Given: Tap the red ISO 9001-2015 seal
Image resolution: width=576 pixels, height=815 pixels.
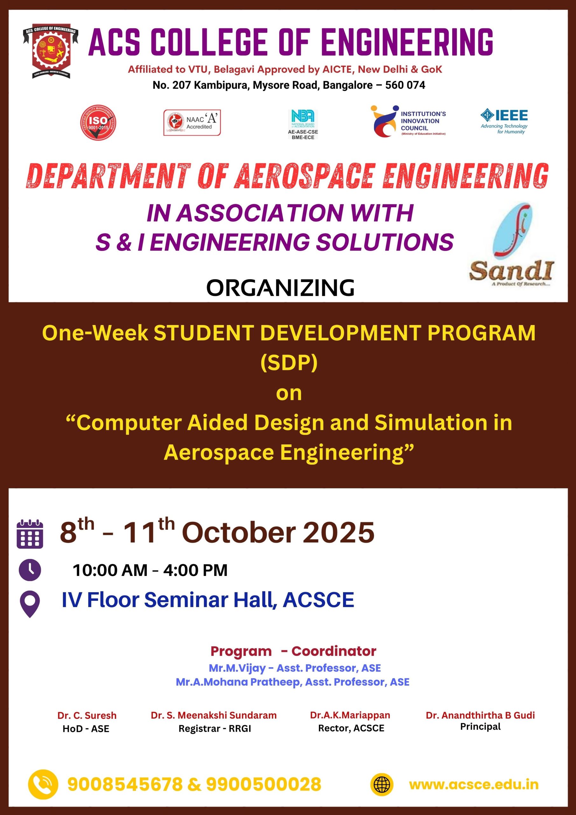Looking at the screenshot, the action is [98, 123].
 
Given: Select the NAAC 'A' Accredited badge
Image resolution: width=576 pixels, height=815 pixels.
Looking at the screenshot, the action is [192, 123].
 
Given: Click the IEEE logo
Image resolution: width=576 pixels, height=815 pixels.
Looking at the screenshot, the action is [504, 121].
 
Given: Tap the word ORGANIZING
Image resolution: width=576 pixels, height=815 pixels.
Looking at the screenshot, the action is [280, 287].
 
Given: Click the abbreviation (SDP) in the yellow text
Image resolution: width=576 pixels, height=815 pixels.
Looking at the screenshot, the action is [289, 362].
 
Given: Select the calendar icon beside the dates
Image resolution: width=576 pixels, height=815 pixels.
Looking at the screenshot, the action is [30, 534].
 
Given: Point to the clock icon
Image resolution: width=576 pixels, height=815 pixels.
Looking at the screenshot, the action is [30, 570].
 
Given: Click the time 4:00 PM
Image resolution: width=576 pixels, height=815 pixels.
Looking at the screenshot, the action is [195, 570].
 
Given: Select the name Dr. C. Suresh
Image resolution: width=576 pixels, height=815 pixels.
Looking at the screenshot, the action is [87, 715].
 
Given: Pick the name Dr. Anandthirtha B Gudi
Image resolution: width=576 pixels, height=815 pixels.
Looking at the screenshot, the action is [480, 715].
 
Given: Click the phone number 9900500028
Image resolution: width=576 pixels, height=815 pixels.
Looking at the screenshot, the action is [264, 784].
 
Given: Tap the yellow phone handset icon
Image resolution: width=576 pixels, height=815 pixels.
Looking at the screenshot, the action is [43, 784].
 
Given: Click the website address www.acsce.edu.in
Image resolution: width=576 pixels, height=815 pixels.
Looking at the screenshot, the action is [474, 784].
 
